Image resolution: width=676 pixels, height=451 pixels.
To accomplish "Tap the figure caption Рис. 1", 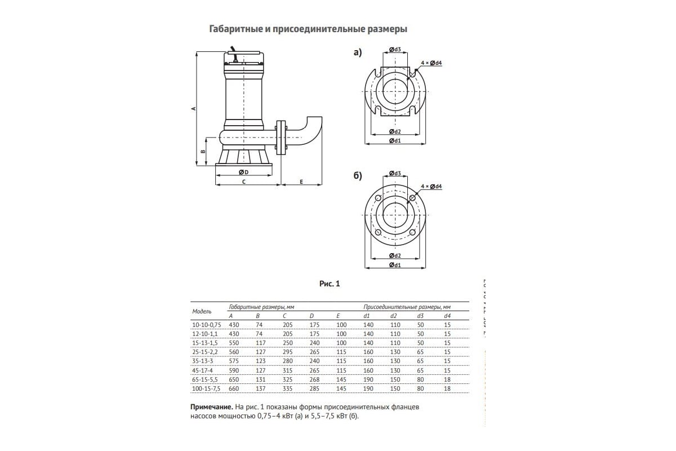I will (x=330, y=284).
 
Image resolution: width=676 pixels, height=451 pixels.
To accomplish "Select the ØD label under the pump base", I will (x=243, y=171).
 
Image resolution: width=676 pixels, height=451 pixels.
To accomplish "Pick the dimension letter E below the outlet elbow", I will (x=301, y=182).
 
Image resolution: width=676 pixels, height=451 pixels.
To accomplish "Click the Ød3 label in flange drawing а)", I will (x=394, y=50).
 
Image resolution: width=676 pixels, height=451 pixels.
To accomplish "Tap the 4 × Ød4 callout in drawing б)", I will (x=432, y=186).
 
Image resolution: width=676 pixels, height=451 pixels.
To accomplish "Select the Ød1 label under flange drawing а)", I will (x=394, y=140).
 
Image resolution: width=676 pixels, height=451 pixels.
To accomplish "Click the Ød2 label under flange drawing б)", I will (x=394, y=255).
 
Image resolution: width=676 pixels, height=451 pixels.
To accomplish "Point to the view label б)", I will (x=357, y=176).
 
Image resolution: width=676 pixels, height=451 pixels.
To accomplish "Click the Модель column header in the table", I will (x=202, y=311).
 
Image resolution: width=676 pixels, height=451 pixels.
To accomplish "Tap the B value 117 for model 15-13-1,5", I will (x=260, y=343).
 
